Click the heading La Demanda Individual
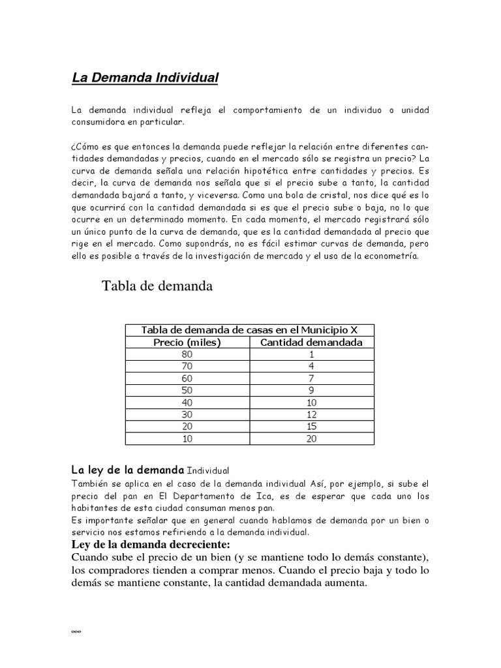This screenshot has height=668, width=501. coord(145,79)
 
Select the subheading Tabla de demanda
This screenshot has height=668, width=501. coord(157,286)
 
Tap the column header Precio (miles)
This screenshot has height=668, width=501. coord(187,342)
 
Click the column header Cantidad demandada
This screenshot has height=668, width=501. coord(312,342)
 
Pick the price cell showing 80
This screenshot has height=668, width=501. coord(187,354)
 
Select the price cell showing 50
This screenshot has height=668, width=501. coord(187,391)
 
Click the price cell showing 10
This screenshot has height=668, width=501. coord(187,439)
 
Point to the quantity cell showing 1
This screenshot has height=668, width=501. coord(312,354)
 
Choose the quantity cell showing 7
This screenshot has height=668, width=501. coord(312,378)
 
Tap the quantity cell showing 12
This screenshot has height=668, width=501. coord(312,415)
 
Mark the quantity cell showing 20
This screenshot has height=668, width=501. coord(312,439)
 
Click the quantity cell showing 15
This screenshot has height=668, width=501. coord(312,427)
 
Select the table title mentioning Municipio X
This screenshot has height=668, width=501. coord(249,329)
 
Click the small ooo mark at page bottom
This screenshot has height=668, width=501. coord(75,615)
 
